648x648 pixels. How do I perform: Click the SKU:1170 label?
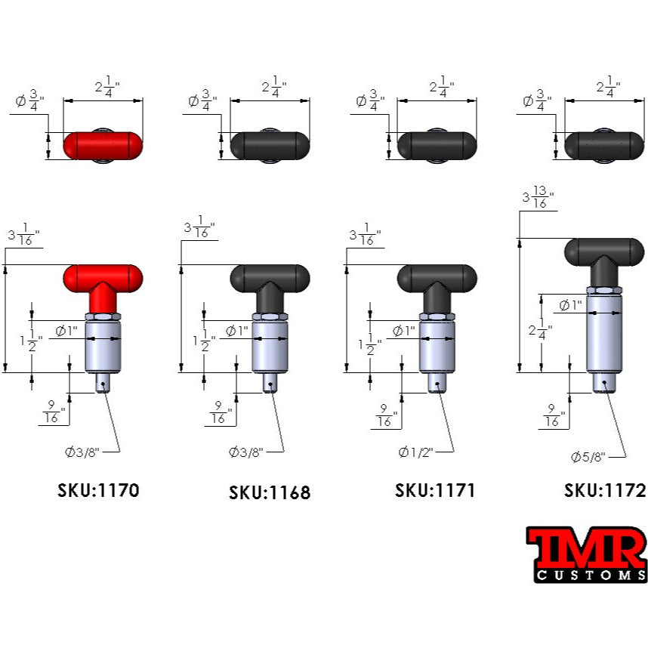pos(98,490)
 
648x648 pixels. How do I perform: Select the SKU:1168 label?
pos(270,493)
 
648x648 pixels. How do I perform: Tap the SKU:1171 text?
pos(435,490)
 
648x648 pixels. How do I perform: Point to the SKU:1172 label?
pos(605,490)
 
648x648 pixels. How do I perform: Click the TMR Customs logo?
pos(586,555)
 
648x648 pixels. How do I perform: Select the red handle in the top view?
pos(102,145)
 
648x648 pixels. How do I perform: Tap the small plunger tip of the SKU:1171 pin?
pos(437,382)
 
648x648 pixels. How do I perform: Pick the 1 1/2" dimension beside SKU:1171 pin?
pos(370,342)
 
